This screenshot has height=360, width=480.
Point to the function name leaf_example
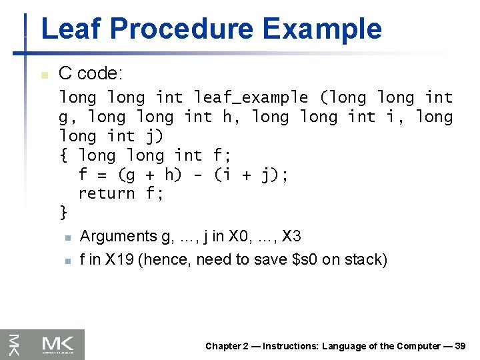(251, 97)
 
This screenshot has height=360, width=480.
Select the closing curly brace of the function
(63, 213)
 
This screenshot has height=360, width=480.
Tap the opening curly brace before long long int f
(63, 156)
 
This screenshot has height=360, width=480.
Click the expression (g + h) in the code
(150, 175)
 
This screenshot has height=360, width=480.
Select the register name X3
(291, 236)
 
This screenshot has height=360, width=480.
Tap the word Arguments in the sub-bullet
(117, 236)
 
